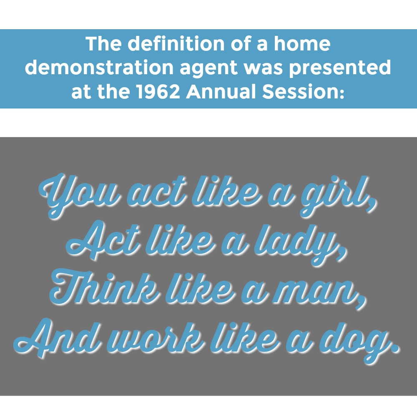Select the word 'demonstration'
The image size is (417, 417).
click(100, 67)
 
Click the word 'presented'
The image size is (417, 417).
click(340, 68)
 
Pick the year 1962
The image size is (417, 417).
click(158, 91)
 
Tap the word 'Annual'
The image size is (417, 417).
click(221, 91)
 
